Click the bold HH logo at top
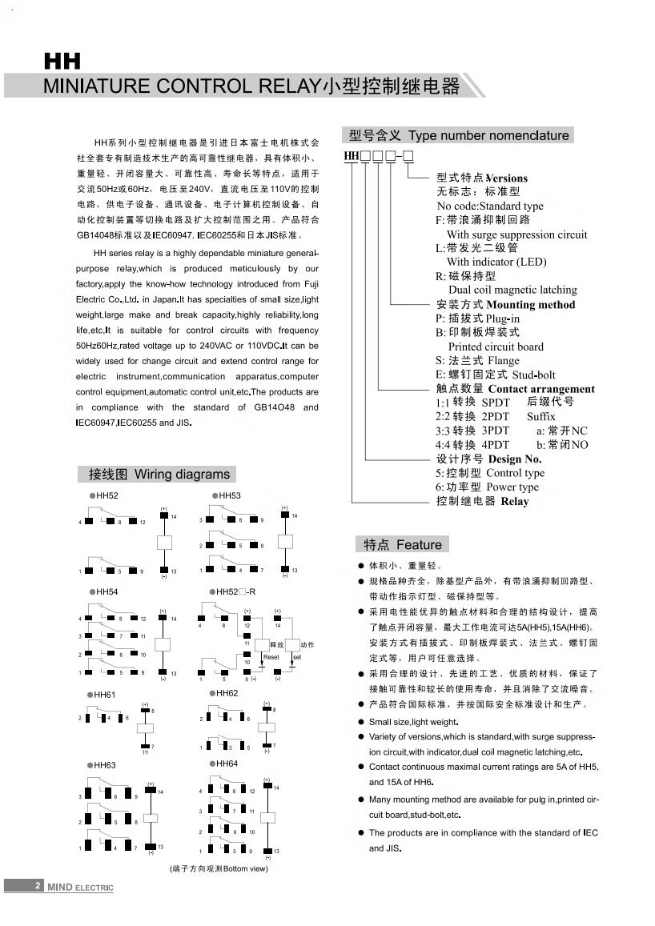(62, 62)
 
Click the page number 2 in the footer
(37, 886)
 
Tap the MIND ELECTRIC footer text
(80, 887)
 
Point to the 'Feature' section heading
(419, 545)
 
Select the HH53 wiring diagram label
(229, 496)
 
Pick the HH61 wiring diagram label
(105, 695)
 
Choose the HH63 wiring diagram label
(105, 765)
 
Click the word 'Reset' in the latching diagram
(271, 656)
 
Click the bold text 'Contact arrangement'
(540, 389)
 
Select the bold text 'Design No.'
(515, 459)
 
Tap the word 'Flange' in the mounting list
(503, 361)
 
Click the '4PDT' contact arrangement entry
(495, 445)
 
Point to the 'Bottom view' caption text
(245, 868)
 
